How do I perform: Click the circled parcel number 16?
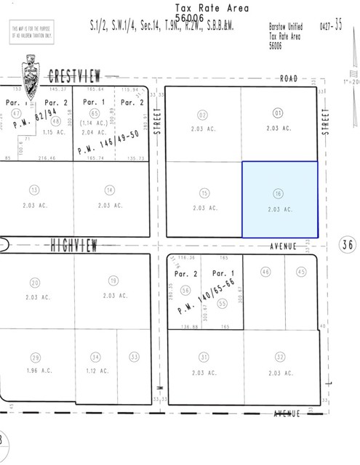coord(279,193)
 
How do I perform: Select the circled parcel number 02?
coord(202,114)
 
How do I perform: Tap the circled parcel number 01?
coord(278,113)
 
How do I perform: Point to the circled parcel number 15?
coord(204,193)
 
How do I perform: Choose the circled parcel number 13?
coord(34,190)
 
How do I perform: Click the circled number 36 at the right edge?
coord(348,245)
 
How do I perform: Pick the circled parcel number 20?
coord(34,283)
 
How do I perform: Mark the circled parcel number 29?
coord(34,357)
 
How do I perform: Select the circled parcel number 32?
coord(279,357)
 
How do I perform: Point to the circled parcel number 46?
coord(265,271)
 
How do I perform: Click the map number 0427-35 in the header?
coord(332,25)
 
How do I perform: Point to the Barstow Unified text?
coord(287,25)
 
